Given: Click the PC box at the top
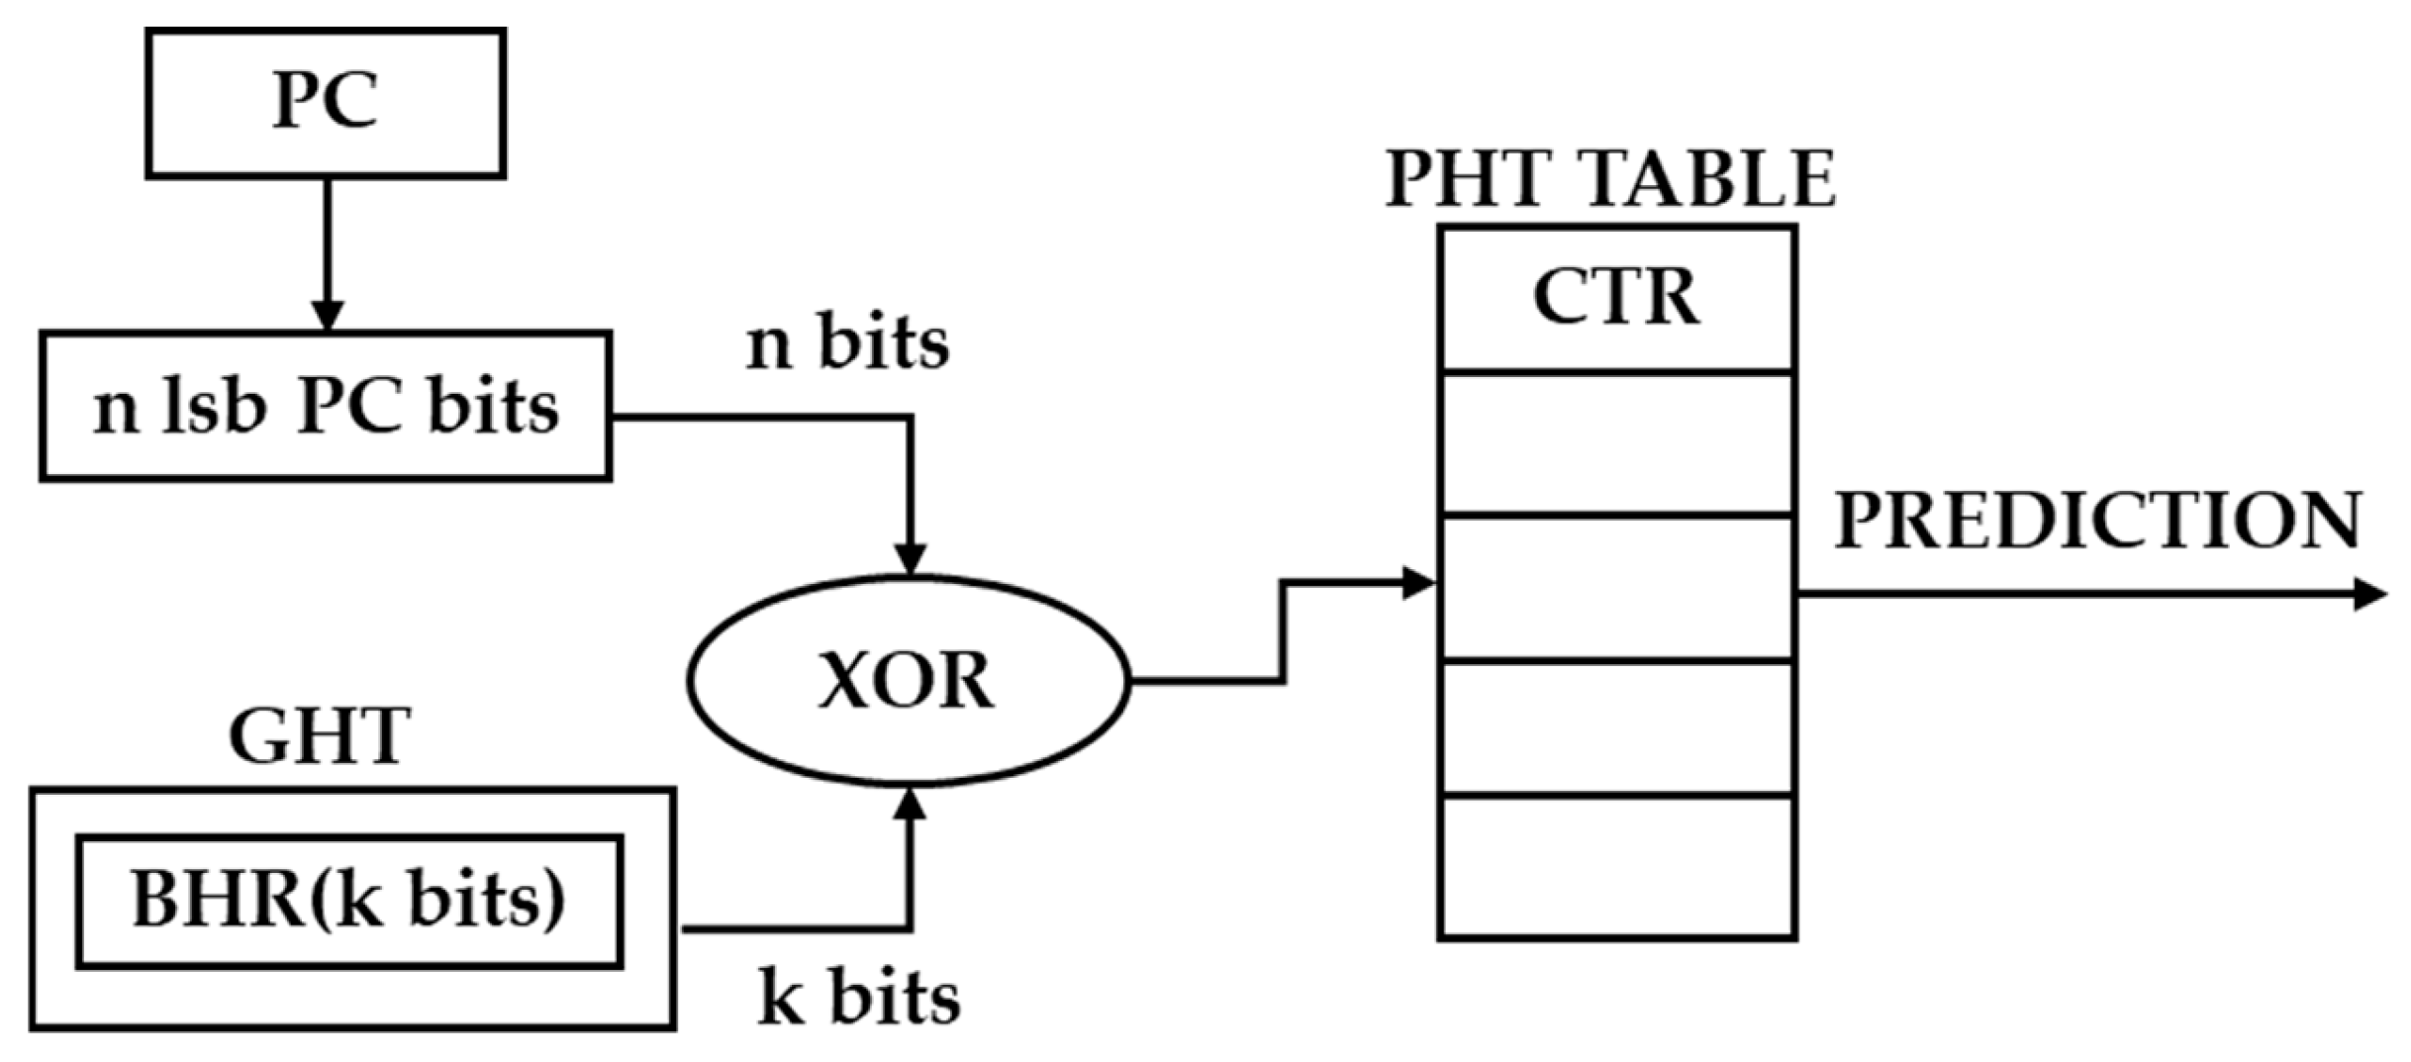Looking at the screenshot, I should [x=326, y=103].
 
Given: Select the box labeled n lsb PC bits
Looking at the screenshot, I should [x=326, y=407].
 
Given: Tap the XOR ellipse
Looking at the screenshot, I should [x=908, y=682].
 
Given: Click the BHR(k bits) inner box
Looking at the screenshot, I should [x=349, y=902].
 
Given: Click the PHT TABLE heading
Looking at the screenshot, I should [x=1610, y=179].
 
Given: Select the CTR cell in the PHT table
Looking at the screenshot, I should [x=1616, y=298].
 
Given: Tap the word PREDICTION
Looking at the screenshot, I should [x=2098, y=522].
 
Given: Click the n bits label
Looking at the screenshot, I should [x=847, y=343].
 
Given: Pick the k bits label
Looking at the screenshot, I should [x=859, y=998].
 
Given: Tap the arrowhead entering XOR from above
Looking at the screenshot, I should [x=910, y=559].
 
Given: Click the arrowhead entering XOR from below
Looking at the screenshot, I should [x=910, y=805].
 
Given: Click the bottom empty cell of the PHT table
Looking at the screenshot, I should [x=1616, y=866].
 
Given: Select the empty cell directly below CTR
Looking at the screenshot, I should [x=1616, y=443].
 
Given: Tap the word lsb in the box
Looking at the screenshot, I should [x=215, y=407].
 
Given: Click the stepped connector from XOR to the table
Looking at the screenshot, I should [x=1283, y=633].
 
